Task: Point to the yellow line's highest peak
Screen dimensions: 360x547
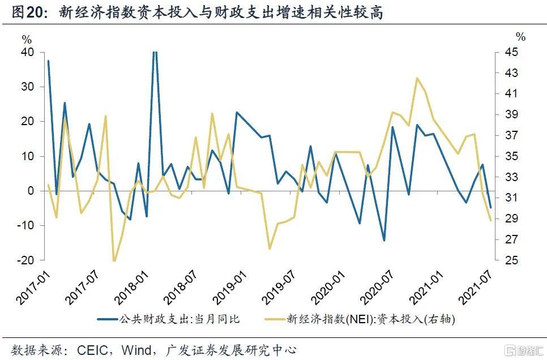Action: [x=417, y=78]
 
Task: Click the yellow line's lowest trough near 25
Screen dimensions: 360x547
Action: [x=114, y=260]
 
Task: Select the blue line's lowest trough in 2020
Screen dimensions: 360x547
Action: [x=384, y=241]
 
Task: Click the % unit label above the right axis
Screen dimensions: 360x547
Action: [x=520, y=37]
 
